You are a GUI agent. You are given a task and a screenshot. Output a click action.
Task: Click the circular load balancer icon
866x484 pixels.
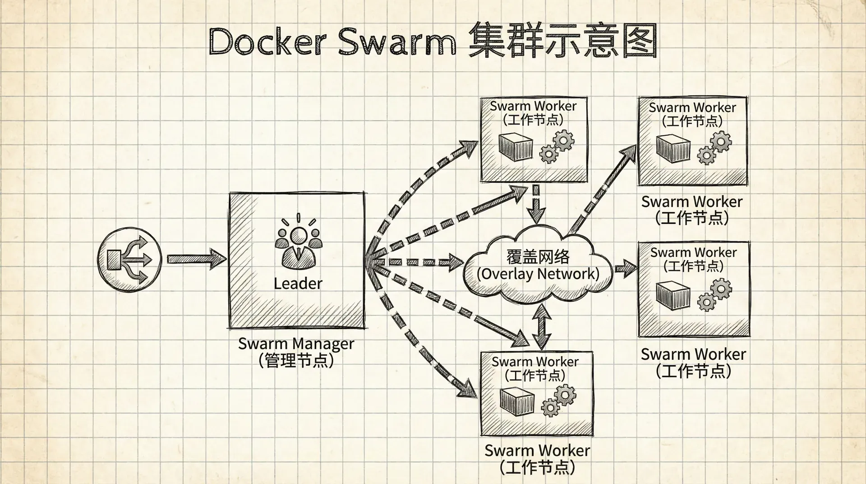click(x=129, y=259)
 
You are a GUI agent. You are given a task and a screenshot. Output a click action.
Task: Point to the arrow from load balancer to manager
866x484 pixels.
click(x=196, y=259)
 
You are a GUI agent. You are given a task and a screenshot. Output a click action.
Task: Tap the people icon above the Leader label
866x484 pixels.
click(x=298, y=246)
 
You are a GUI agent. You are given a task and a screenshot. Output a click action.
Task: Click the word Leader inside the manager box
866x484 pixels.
click(x=298, y=284)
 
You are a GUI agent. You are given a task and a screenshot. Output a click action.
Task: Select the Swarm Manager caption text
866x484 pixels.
click(x=296, y=344)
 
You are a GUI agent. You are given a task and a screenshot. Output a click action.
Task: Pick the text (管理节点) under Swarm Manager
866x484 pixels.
click(x=296, y=360)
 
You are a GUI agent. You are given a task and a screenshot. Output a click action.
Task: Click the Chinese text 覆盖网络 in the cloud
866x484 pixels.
click(x=538, y=256)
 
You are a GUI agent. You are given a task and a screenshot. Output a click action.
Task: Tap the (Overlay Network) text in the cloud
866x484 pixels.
click(x=538, y=274)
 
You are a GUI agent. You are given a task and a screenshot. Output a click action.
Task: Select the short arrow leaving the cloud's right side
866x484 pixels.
click(x=626, y=269)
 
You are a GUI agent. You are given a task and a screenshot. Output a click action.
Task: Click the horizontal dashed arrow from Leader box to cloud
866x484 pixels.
click(x=419, y=262)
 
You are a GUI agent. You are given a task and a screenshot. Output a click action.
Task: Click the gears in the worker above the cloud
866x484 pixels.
click(x=557, y=147)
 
